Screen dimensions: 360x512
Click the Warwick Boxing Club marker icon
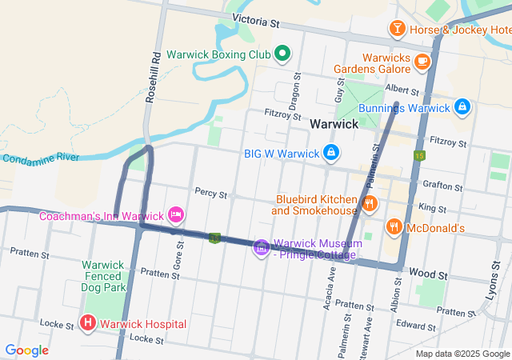point(282,54)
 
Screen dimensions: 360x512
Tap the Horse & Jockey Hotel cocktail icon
point(397,30)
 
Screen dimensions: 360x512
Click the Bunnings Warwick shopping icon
point(462,107)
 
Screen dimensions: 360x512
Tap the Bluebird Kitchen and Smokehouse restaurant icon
point(369,203)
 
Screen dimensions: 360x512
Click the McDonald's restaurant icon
point(394,228)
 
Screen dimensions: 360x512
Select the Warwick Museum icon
point(261,248)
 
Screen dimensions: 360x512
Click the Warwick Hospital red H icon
point(88,324)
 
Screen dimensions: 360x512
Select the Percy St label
point(211,194)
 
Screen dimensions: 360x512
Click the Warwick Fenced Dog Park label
point(104,275)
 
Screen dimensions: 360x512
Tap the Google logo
point(26,350)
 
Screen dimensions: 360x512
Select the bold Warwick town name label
point(334,125)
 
